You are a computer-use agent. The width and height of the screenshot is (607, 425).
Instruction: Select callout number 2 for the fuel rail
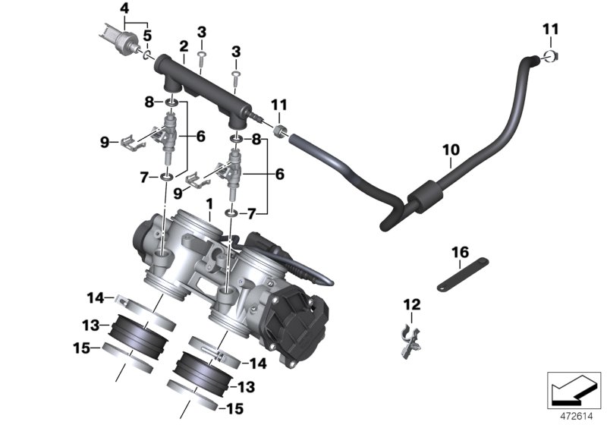[183, 46]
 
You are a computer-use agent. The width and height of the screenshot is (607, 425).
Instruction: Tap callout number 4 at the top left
[124, 8]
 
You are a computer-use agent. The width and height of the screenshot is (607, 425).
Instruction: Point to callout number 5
[148, 35]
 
